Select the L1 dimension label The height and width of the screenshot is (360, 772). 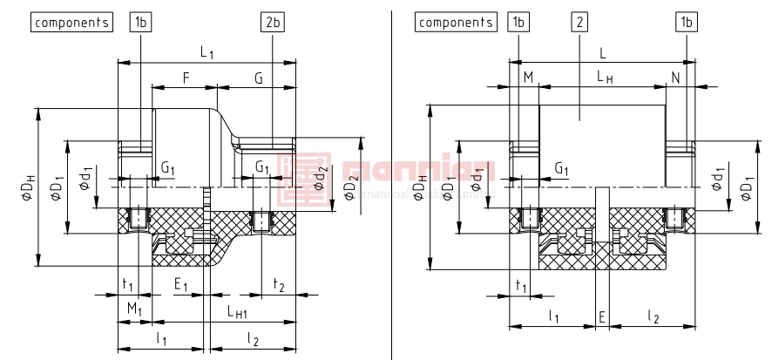207,53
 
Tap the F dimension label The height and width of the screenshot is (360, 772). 186,78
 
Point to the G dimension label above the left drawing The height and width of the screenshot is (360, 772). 259,78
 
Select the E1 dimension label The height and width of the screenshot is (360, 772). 182,284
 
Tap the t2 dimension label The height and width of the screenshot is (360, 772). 279,284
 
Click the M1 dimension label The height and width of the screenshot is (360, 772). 134,309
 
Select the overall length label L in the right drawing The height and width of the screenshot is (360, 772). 603,53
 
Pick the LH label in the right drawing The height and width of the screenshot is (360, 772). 605,78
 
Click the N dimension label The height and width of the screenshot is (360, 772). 675,78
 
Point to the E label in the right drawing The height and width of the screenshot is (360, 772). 602,317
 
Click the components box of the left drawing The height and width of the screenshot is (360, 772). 72,23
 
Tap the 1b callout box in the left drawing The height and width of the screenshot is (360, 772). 140,23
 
